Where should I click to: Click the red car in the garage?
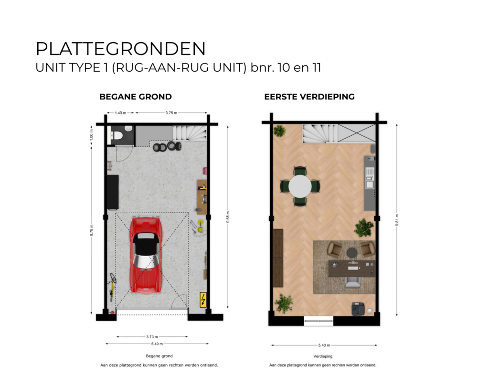(146, 255)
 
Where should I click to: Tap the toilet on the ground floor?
(116, 135)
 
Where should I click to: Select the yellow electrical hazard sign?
(203, 300)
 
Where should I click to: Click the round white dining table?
(299, 186)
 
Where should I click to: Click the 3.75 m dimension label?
(171, 113)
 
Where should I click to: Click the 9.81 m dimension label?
(397, 219)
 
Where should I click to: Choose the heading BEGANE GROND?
(136, 97)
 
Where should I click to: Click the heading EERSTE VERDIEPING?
(309, 97)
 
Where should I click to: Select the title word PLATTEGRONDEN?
(121, 49)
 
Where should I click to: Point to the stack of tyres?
(167, 147)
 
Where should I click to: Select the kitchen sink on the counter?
(369, 182)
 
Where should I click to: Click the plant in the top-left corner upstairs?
(280, 130)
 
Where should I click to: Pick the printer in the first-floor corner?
(358, 309)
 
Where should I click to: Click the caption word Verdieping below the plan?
(323, 356)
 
